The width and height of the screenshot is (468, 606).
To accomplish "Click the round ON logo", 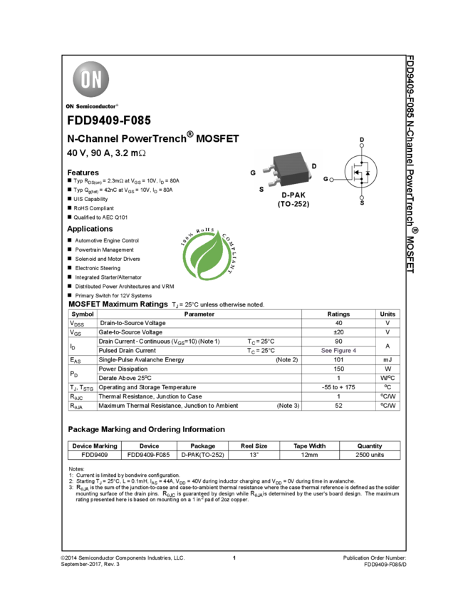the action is point(90,79).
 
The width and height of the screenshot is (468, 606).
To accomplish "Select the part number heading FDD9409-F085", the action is point(109,120).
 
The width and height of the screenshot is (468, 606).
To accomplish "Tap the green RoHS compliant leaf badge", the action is point(209,254).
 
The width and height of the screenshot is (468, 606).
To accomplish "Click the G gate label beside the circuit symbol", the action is point(326,179).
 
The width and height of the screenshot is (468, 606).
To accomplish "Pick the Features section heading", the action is point(83,173).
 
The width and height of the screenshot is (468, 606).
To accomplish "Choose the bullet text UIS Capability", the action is point(90,199).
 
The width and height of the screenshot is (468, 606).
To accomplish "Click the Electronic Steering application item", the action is point(98,268).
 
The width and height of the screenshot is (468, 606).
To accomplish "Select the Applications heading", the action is point(90,229).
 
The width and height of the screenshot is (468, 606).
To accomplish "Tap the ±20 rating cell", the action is point(338,332).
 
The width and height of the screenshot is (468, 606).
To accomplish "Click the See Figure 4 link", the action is point(338,351).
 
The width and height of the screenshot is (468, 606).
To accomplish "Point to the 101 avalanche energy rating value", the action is point(338,360).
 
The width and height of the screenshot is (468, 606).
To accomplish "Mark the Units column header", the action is point(388,314).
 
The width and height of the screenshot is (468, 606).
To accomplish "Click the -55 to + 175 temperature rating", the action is point(338,387).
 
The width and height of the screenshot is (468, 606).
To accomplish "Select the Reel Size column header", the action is point(254,446).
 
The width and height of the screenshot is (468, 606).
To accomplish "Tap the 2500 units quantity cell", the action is point(370,455).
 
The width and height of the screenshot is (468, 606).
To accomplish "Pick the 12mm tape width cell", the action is point(309,455).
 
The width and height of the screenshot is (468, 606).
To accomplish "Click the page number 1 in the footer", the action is point(234,558).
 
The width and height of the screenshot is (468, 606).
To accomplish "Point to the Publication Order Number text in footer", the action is point(375,558).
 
